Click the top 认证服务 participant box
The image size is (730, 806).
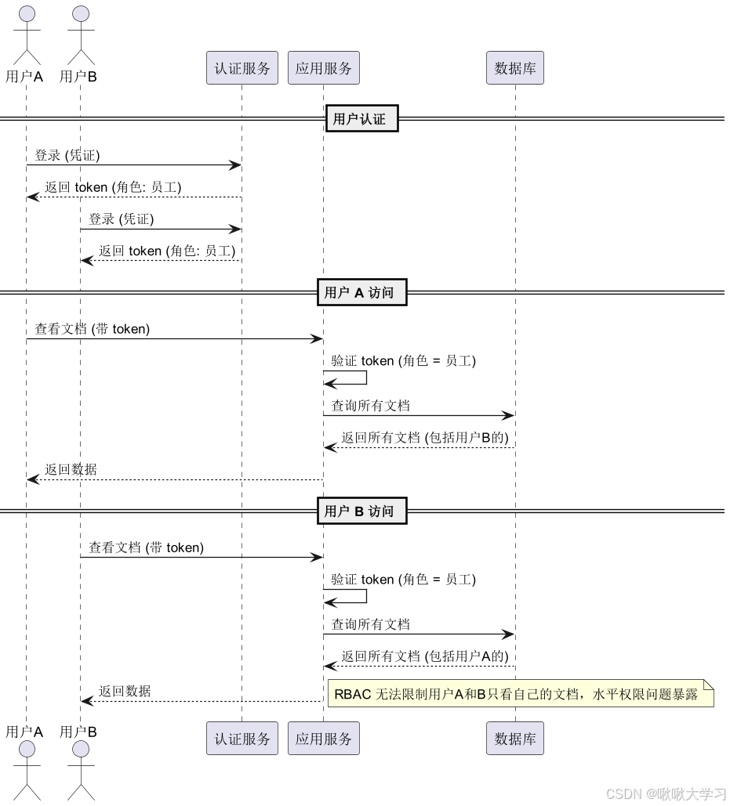click(x=242, y=68)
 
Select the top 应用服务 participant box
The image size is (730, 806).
click(x=323, y=68)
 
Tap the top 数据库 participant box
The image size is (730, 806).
click(x=515, y=68)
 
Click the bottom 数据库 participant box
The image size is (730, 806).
click(x=515, y=738)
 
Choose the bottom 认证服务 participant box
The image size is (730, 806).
click(x=242, y=738)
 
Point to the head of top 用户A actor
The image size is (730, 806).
click(x=26, y=13)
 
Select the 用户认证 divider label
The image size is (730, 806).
click(x=361, y=119)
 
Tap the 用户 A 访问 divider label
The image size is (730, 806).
click(x=361, y=293)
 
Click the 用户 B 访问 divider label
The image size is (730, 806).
click(x=361, y=511)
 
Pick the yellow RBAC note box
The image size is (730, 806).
click(x=520, y=694)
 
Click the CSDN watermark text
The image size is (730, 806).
click(x=666, y=793)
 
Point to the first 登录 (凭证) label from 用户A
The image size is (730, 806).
click(x=67, y=155)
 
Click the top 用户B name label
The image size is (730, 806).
click(x=78, y=76)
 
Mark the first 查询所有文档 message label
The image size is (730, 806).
click(x=370, y=406)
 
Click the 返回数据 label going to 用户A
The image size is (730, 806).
click(x=71, y=469)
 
